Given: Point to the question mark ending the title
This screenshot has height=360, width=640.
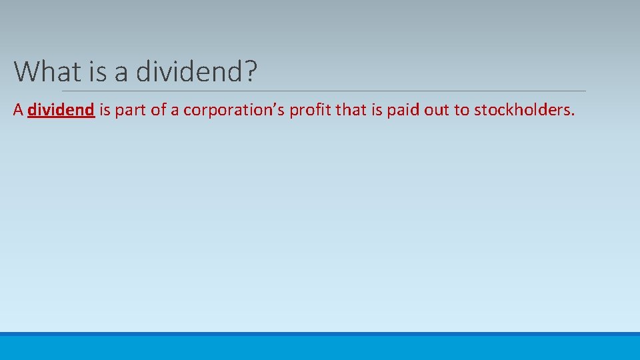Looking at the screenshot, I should (250, 71).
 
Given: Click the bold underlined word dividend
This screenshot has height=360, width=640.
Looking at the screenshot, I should (61, 110).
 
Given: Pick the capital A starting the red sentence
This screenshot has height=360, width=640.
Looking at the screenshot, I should (18, 110).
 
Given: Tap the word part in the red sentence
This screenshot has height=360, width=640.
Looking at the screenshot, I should (131, 110).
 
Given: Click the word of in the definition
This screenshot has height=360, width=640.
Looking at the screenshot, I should (158, 110).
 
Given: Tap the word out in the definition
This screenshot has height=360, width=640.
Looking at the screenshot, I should (437, 110).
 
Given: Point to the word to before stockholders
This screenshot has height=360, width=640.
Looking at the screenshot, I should (462, 110).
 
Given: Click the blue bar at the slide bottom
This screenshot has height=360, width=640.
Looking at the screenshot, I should (320, 346).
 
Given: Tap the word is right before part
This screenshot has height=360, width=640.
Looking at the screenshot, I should (105, 110).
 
